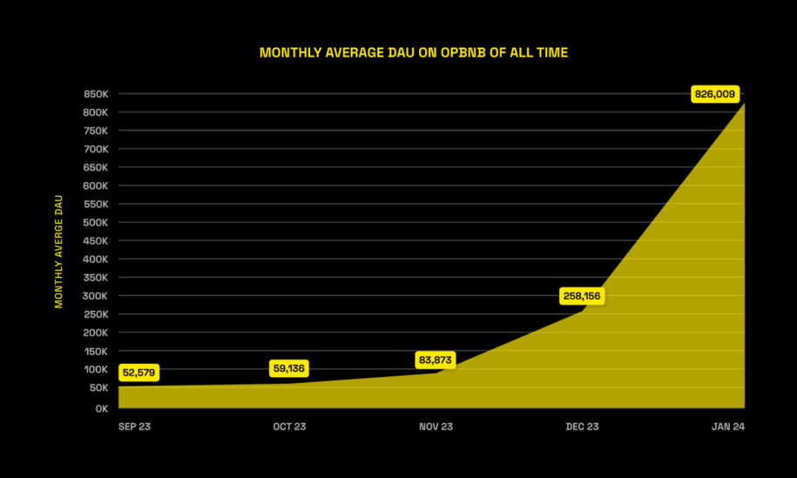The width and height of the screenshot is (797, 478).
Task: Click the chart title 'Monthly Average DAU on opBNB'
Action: point(414,53)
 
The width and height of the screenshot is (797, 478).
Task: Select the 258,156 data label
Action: point(581,296)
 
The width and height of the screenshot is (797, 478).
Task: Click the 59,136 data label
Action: point(288,368)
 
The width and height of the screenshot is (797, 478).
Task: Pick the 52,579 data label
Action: point(139,373)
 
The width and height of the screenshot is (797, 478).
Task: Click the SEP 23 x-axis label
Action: point(134,427)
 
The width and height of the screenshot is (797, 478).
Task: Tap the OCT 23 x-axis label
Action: point(289,427)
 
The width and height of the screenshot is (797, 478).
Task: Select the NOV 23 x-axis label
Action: point(436,427)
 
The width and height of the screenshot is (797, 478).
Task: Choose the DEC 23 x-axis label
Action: point(582,427)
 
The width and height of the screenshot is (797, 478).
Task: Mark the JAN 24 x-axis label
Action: point(727,427)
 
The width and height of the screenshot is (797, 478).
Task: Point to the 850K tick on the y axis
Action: point(95,94)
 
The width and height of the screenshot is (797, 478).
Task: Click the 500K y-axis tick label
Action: point(95,222)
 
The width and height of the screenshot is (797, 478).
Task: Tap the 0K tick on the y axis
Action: point(101,407)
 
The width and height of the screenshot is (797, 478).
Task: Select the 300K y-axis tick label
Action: point(95,296)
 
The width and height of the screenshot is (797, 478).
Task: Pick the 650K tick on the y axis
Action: point(95,167)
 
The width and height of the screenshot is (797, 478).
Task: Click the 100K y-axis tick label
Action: point(95,370)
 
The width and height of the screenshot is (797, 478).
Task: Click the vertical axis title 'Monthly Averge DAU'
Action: point(59,251)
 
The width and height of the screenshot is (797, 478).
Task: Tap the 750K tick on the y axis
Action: point(95,131)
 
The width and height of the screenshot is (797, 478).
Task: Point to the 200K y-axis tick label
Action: point(95,333)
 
